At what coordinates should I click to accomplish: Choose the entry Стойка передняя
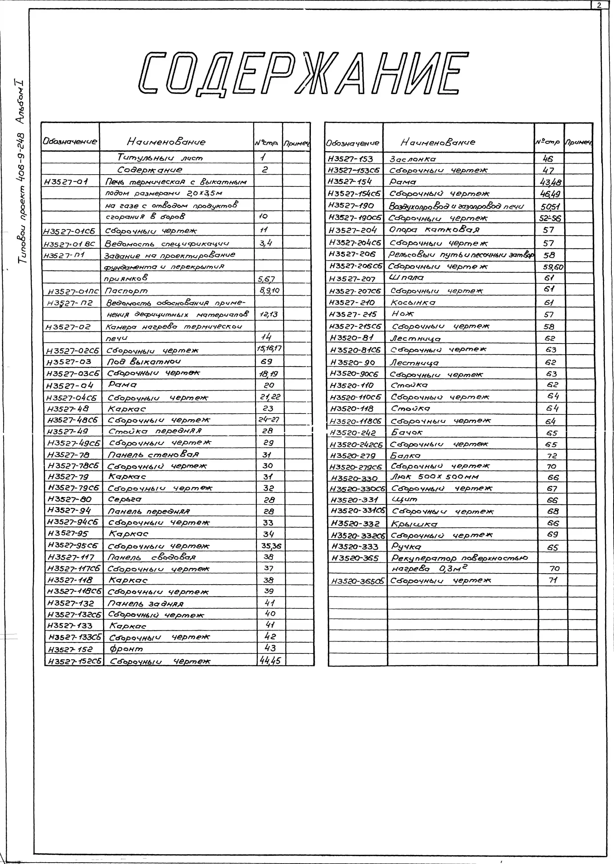pos(155,431)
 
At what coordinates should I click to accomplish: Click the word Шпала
pos(406,278)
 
